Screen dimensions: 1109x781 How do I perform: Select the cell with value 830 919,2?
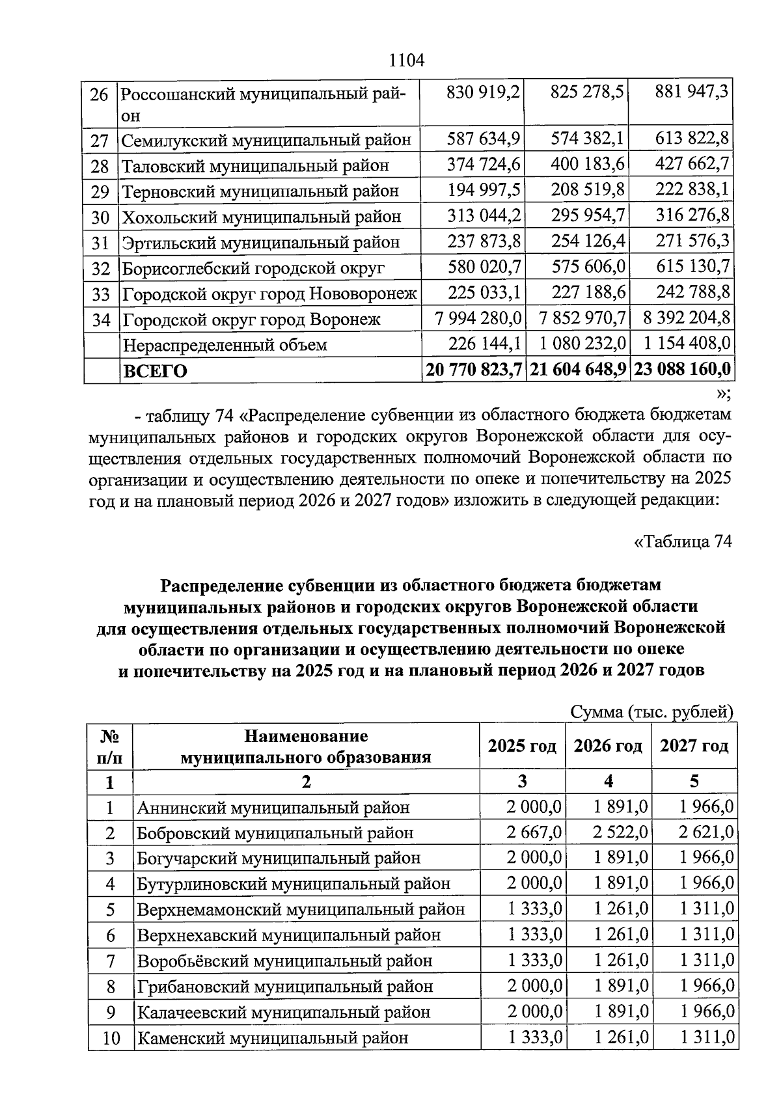point(483,92)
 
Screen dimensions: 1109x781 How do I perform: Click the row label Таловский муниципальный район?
point(255,166)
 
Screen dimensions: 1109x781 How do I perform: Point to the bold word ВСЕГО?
point(156,371)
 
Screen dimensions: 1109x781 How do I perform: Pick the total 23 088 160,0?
point(682,370)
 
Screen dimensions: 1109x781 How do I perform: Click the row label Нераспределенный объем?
point(225,345)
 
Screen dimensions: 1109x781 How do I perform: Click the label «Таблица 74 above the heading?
point(683,541)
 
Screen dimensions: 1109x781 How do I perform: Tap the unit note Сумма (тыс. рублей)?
point(651,712)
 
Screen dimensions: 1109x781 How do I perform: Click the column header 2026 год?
point(608,746)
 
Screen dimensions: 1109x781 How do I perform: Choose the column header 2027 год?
point(694,746)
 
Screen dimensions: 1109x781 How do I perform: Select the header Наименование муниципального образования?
point(306,746)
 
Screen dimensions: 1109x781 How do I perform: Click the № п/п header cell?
point(110,746)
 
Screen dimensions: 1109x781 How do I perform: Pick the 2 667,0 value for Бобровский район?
point(534,832)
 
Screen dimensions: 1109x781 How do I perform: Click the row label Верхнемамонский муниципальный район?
point(301,909)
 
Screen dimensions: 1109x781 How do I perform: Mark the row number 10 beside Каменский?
point(111,1039)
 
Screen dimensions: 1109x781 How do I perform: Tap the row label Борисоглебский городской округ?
point(253,268)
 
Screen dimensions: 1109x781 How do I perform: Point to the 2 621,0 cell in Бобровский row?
point(707,832)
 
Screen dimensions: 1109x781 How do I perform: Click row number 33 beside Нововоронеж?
point(100,294)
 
